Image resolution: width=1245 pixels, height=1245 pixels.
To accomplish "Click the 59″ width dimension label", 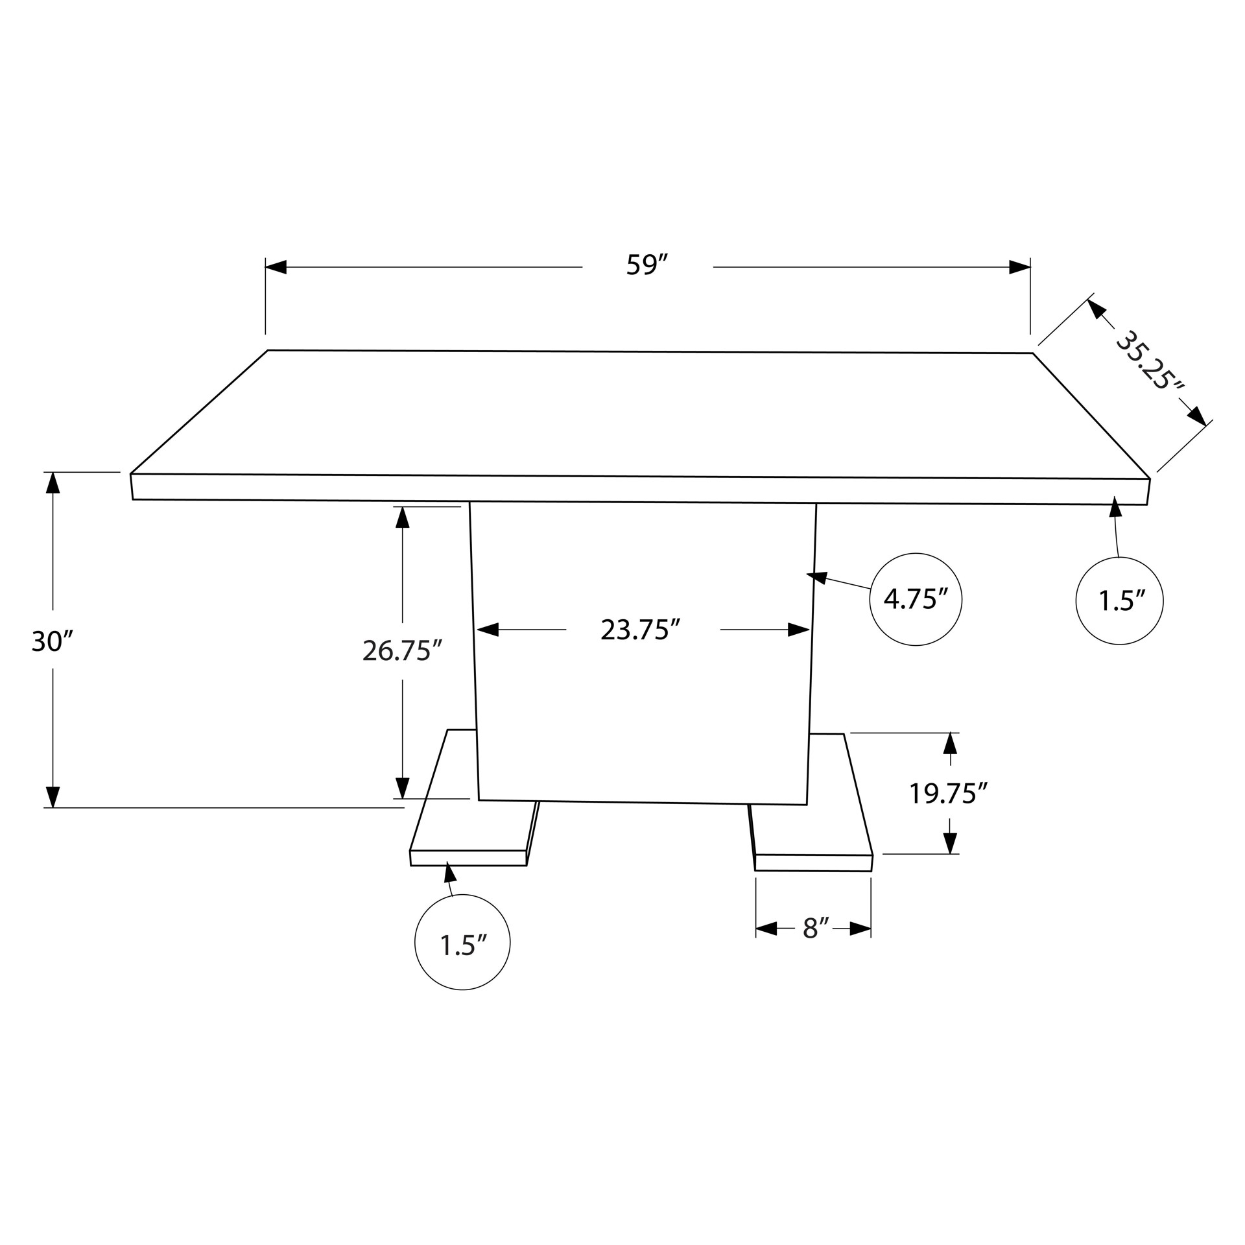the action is pos(646,265).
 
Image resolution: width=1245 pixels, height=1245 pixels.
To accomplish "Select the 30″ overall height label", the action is pos(52,642).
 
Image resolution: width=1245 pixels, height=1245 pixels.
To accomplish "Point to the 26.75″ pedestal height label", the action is pos(402,650).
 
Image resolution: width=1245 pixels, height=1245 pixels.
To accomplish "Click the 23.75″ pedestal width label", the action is pos(640,630).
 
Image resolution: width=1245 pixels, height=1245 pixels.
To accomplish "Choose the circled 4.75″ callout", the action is pos(916,600).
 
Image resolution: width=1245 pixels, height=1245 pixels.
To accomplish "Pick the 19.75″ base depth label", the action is pos(948,794).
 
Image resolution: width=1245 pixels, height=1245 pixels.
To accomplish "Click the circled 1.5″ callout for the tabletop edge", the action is pos(1119,601).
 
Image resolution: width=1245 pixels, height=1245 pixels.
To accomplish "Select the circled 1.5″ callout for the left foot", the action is pos(462,942).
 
